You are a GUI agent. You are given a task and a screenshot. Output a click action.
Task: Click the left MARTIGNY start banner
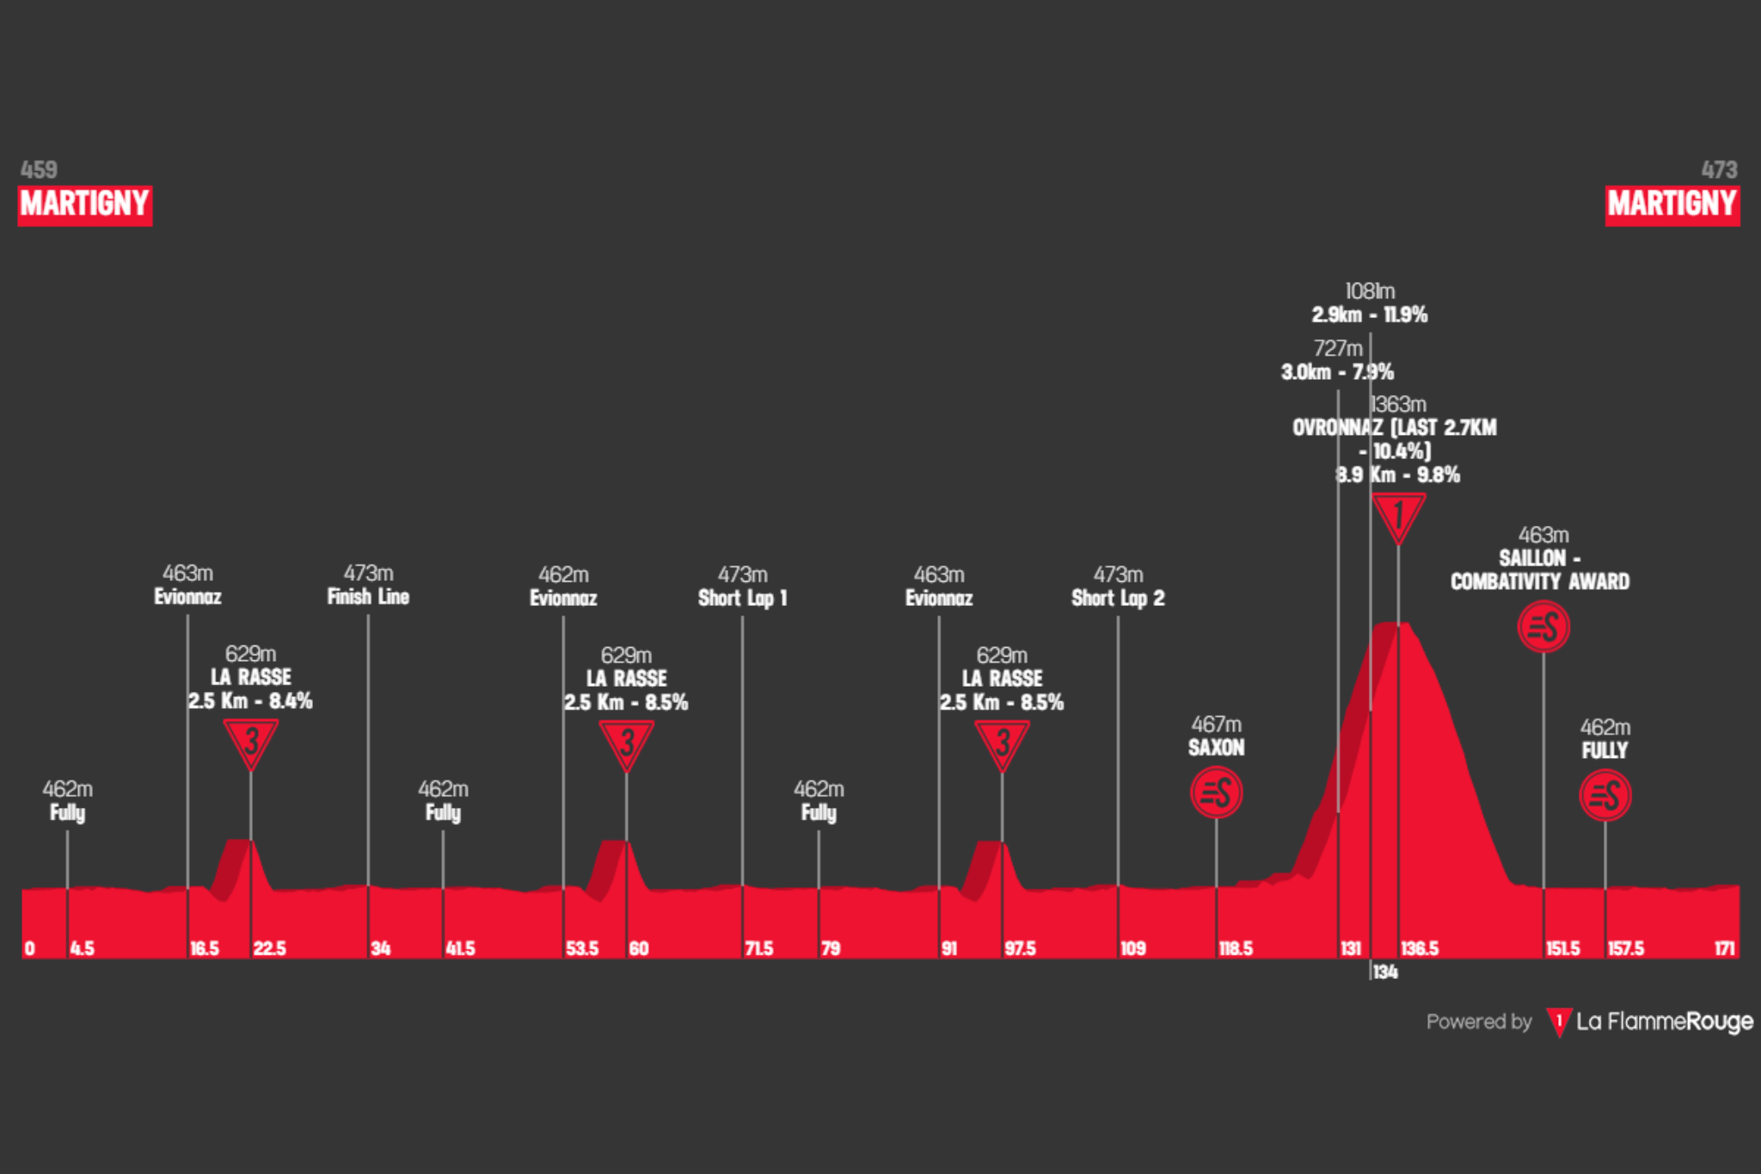coord(84,205)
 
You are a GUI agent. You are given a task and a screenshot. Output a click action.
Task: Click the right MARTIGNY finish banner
coord(1672,205)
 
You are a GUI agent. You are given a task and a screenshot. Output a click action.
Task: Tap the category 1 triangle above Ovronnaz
coord(1398,516)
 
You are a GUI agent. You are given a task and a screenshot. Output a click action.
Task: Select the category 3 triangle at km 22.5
coord(250,741)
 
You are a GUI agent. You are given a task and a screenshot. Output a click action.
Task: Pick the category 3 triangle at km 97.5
coord(1002,743)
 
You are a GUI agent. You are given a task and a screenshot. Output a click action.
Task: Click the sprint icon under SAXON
coord(1216,792)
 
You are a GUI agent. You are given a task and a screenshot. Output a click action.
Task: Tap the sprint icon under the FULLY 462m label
coord(1605,795)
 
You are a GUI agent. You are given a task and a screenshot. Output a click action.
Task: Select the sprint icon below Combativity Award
coord(1543,627)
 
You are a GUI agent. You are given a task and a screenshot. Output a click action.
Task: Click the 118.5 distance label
coord(1236,949)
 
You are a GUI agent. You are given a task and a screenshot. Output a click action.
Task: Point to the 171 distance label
coord(1724,949)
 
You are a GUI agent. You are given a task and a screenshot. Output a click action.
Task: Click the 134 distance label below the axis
coord(1384,972)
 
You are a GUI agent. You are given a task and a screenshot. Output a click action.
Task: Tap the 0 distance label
coord(30,949)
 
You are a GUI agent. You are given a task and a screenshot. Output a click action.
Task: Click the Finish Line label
coord(368,596)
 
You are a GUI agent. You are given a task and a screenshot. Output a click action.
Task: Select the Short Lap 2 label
coord(1118,598)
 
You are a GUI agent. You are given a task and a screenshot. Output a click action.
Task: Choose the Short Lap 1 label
coord(742,598)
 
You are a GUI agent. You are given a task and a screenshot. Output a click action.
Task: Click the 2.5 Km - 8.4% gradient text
coord(250,701)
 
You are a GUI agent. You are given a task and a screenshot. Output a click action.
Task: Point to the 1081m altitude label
coord(1370,291)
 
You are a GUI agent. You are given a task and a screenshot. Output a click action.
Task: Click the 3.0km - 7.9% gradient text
coord(1337,372)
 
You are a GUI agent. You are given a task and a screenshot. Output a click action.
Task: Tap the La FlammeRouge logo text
coord(1664,1021)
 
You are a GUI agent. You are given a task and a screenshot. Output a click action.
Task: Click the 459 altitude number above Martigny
coord(39,169)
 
